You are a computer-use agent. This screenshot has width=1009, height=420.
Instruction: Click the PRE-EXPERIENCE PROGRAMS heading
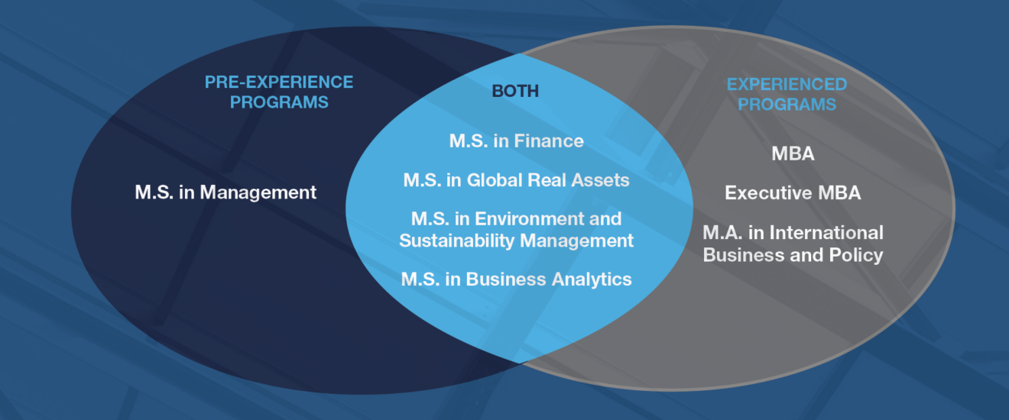pyautogui.click(x=279, y=92)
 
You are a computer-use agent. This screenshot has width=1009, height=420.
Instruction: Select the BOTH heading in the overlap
pyautogui.click(x=515, y=91)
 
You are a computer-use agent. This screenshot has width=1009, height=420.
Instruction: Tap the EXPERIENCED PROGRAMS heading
pyautogui.click(x=787, y=94)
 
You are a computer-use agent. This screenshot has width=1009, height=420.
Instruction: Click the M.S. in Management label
pyautogui.click(x=225, y=192)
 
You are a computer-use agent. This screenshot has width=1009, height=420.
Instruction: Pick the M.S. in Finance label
pyautogui.click(x=516, y=141)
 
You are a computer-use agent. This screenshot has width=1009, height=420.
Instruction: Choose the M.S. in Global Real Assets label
pyautogui.click(x=516, y=180)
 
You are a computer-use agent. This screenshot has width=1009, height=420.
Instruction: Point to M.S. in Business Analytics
pyautogui.click(x=516, y=279)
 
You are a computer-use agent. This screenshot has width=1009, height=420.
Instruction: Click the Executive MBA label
pyautogui.click(x=793, y=193)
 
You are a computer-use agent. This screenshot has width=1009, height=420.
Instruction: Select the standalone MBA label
pyautogui.click(x=793, y=154)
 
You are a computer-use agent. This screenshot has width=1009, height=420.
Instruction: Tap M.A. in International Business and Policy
pyautogui.click(x=793, y=244)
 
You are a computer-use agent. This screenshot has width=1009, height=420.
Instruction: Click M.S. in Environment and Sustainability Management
pyautogui.click(x=516, y=230)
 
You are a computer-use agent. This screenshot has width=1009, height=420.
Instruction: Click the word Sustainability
pyautogui.click(x=457, y=241)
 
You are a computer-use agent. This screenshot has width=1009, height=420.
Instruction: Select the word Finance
pyautogui.click(x=549, y=141)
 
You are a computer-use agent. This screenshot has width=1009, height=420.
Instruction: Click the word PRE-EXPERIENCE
pyautogui.click(x=279, y=82)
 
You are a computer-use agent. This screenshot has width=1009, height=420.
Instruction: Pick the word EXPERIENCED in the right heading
pyautogui.click(x=787, y=84)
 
